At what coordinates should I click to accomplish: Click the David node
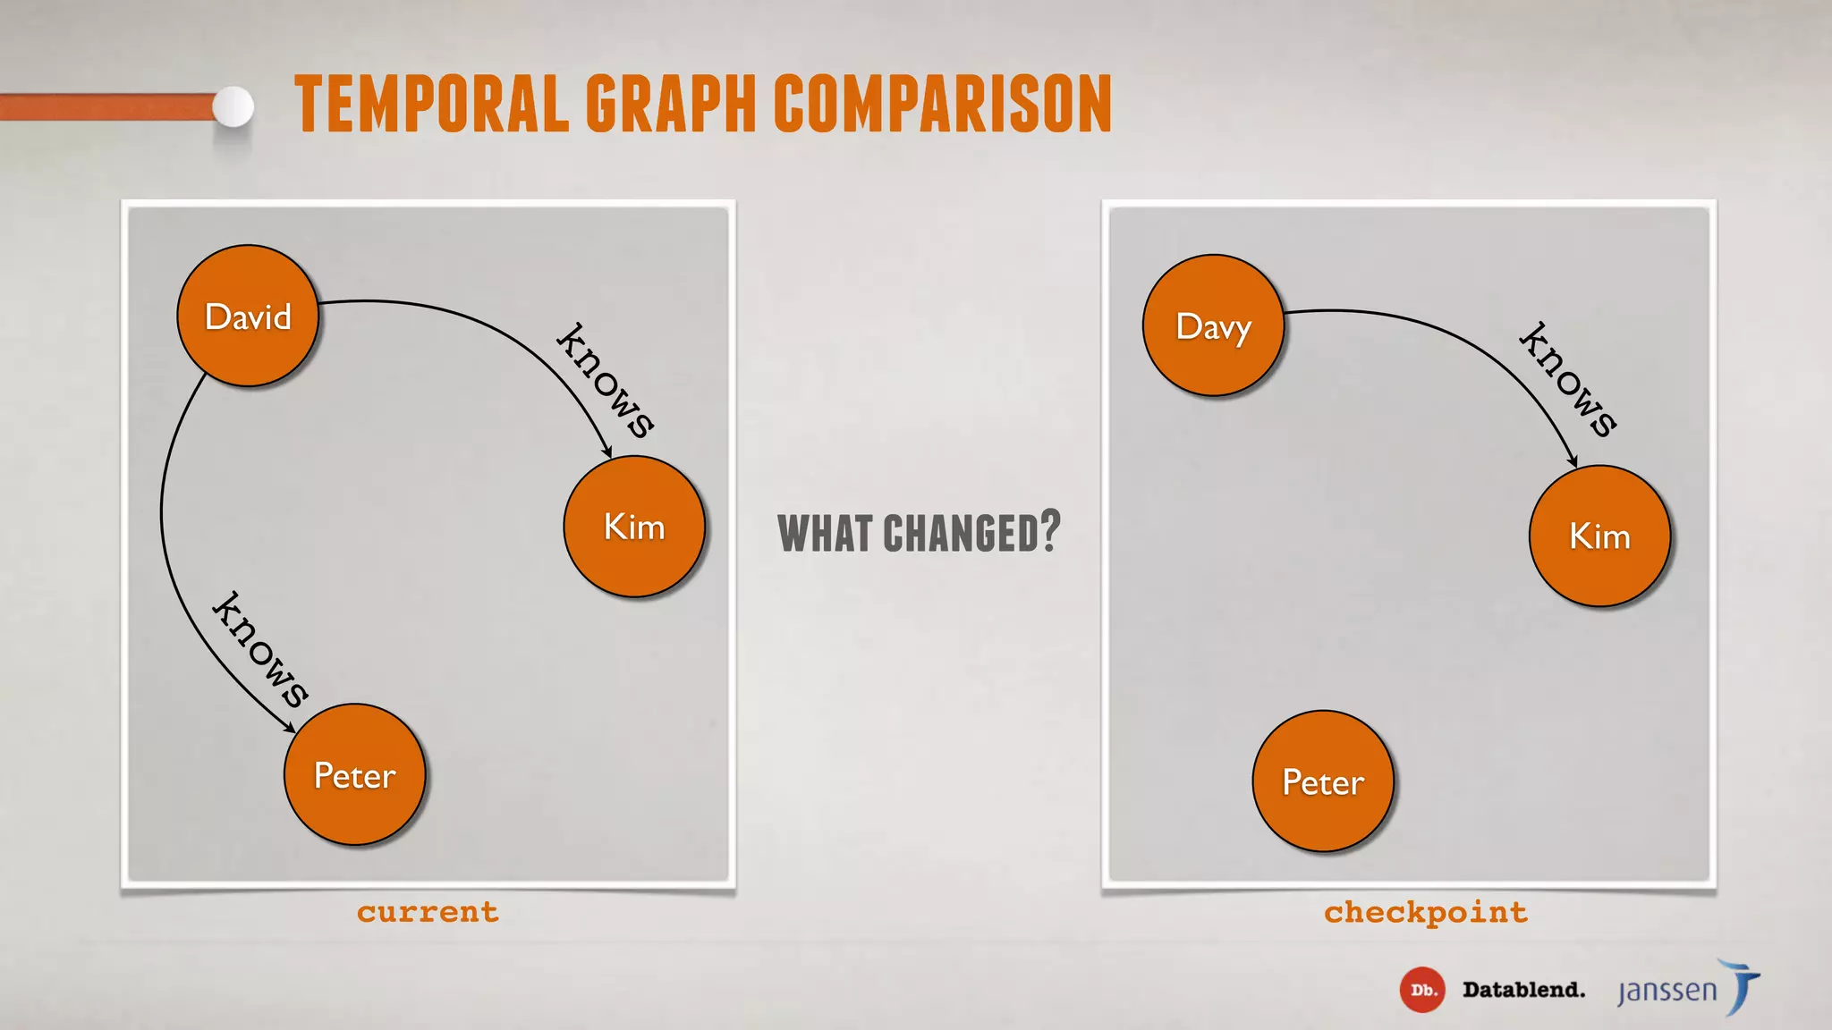248,316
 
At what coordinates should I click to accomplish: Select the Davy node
1213,325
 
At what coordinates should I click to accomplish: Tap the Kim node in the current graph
634,527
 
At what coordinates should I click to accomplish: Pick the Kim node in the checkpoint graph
1599,536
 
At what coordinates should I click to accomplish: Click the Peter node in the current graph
354,774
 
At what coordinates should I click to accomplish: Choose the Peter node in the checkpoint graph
1323,781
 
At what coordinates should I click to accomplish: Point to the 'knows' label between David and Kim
606,380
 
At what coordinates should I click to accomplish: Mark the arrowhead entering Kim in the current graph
607,452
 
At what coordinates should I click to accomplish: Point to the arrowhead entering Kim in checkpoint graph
1573,461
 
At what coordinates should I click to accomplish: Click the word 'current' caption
428,912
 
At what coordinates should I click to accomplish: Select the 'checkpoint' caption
1426,912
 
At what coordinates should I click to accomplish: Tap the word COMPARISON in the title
943,105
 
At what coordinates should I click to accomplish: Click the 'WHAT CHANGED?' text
919,533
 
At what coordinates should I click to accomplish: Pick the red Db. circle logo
1421,990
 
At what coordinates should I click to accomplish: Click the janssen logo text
1667,991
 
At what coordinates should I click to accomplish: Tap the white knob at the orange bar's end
233,107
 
